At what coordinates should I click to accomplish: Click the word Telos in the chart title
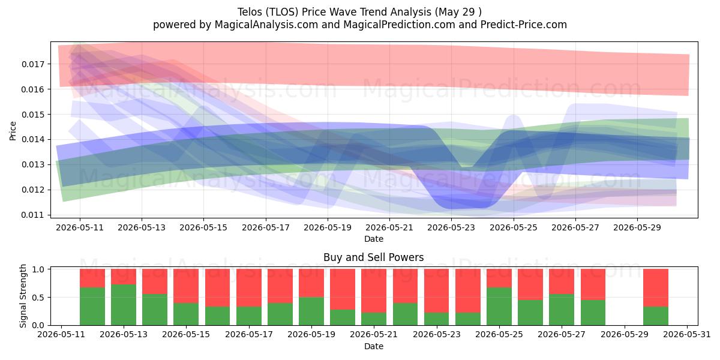coord(250,12)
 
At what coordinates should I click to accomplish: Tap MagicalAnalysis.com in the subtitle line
coord(266,25)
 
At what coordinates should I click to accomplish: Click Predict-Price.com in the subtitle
coord(524,25)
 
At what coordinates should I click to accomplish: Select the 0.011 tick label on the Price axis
coord(32,215)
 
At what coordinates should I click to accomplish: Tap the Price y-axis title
coord(13,131)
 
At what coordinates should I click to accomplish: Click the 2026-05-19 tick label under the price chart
coord(328,227)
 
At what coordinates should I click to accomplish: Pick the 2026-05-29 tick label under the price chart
coord(637,227)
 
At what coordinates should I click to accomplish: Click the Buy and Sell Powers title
coord(373,257)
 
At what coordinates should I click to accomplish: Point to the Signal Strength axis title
coord(23,296)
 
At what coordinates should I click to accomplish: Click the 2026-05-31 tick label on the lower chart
coord(687,335)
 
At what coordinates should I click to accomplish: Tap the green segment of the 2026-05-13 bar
coord(124,305)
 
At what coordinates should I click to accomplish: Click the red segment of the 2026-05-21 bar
coord(373,290)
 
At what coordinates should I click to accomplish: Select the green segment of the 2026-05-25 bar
coord(499,307)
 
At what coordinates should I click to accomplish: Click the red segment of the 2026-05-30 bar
coord(656,287)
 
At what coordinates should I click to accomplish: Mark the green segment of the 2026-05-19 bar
coord(311,311)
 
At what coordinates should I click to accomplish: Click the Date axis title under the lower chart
coord(373,346)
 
